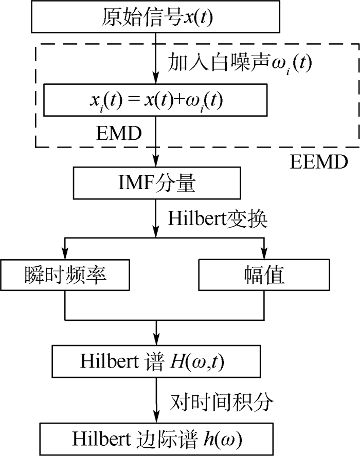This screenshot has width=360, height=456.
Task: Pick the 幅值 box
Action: (x=264, y=277)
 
